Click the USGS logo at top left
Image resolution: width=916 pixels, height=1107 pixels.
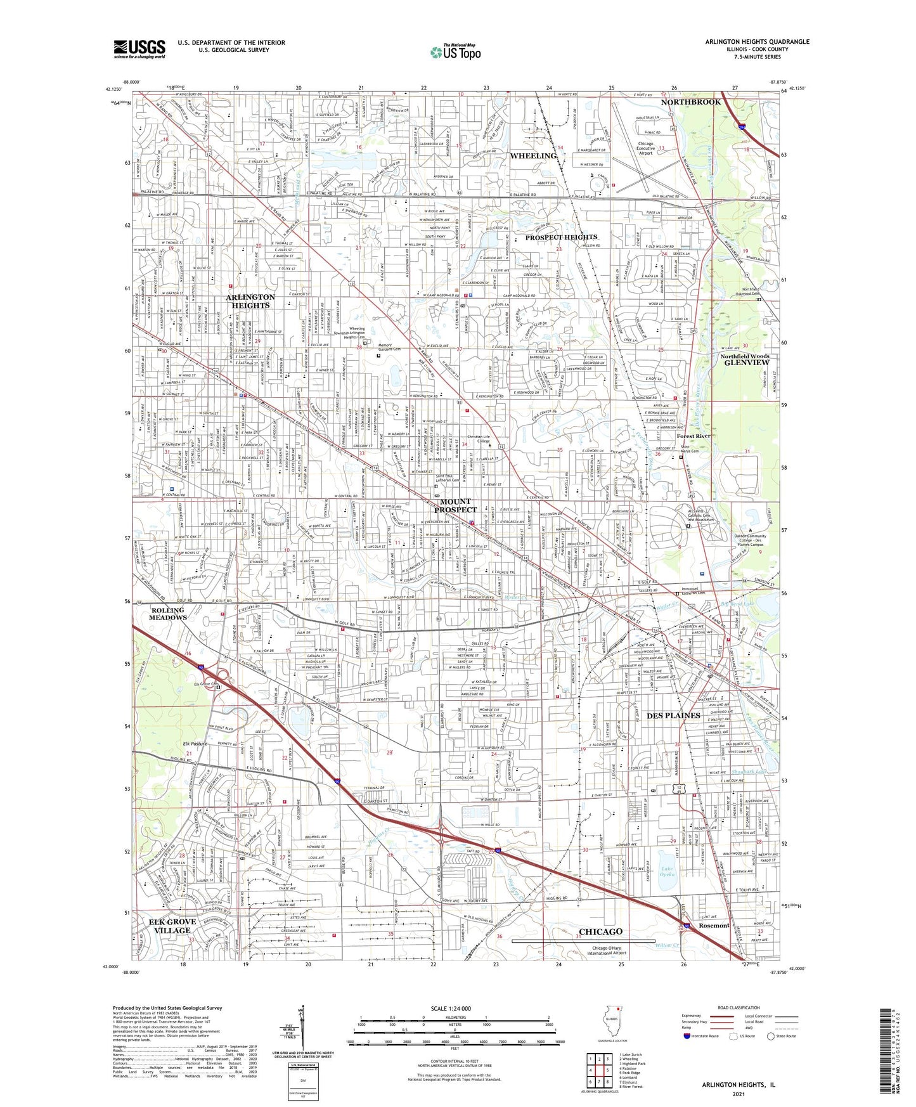click(139, 49)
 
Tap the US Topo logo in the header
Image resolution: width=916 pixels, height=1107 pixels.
click(455, 52)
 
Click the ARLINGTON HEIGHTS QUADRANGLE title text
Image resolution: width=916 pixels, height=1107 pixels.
click(756, 42)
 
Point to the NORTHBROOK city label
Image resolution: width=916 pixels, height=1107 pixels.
click(690, 102)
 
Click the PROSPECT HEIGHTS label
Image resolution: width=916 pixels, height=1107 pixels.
click(560, 237)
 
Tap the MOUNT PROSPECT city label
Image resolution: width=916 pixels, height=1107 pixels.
click(455, 505)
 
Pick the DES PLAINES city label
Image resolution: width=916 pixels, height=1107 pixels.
click(673, 715)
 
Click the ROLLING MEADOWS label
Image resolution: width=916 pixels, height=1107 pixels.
click(167, 613)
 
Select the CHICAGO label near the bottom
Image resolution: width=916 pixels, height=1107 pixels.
click(600, 931)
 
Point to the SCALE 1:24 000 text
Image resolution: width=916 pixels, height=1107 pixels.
click(454, 1008)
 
